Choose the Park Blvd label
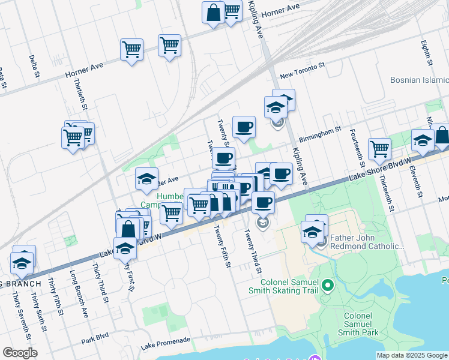pyautogui.click(x=95, y=339)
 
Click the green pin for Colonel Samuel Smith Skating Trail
pyautogui.click(x=328, y=286)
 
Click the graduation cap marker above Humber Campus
pyautogui.click(x=146, y=179)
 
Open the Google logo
pyautogui.click(x=20, y=353)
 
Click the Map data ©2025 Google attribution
pyautogui.click(x=411, y=355)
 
